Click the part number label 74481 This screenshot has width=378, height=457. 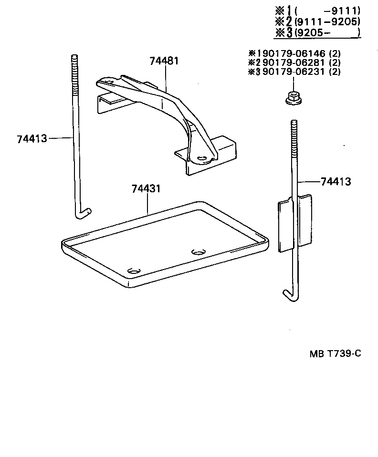(164, 62)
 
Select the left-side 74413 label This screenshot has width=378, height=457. (31, 139)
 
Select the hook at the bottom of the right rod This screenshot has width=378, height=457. (289, 295)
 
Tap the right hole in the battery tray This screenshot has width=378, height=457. (197, 252)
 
